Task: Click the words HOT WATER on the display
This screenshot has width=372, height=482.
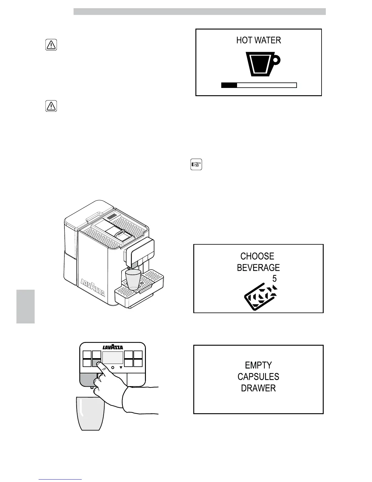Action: pyautogui.click(x=259, y=40)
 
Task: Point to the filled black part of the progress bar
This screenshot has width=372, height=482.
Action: pyautogui.click(x=229, y=85)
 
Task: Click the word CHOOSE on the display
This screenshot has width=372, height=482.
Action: pyautogui.click(x=257, y=256)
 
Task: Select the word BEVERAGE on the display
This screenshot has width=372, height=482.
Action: pyautogui.click(x=258, y=268)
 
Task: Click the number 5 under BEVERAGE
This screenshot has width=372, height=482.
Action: pyautogui.click(x=274, y=279)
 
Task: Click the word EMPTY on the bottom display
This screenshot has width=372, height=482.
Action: pyautogui.click(x=258, y=365)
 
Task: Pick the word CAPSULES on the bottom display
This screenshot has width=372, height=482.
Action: pyautogui.click(x=258, y=377)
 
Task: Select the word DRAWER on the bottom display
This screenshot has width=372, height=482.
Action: pyautogui.click(x=258, y=388)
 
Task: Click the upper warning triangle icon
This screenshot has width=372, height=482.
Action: pyautogui.click(x=51, y=45)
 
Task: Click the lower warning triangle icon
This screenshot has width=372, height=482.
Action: pyautogui.click(x=51, y=106)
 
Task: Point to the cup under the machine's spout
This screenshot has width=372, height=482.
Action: pyautogui.click(x=133, y=279)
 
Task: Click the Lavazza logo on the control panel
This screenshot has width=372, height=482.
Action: pyautogui.click(x=112, y=348)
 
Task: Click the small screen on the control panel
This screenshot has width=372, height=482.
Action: pyautogui.click(x=112, y=358)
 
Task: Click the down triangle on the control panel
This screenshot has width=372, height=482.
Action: pyautogui.click(x=121, y=368)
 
